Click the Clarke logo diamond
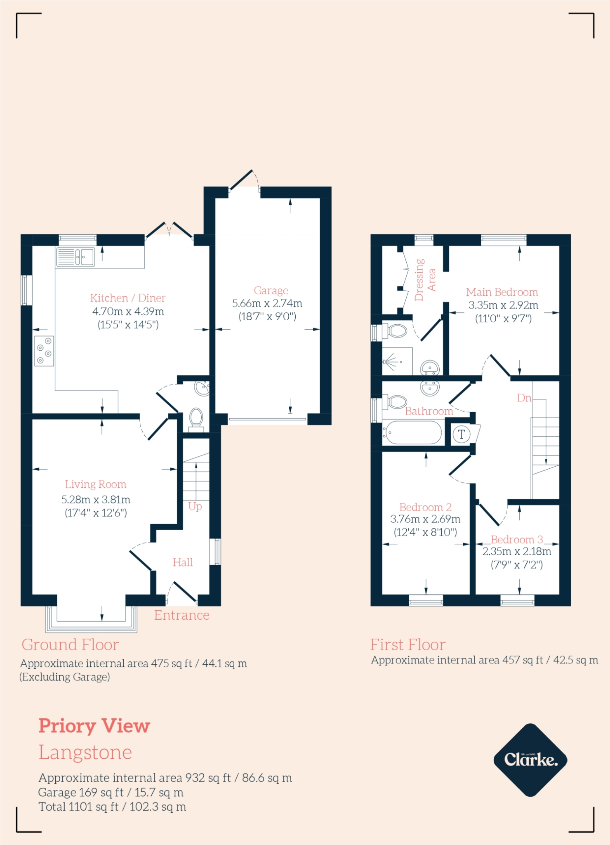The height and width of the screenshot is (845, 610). pyautogui.click(x=530, y=760)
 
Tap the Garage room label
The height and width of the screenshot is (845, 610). pyautogui.click(x=271, y=290)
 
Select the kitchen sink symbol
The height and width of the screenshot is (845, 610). pyautogui.click(x=75, y=257)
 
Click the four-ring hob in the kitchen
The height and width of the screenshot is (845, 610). pyautogui.click(x=44, y=351)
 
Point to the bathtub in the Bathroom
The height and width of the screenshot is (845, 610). pyautogui.click(x=412, y=432)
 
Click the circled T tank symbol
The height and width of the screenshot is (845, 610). pyautogui.click(x=462, y=434)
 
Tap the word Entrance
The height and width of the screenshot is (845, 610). pyautogui.click(x=182, y=615)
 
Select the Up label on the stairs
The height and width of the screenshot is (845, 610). pyautogui.click(x=195, y=506)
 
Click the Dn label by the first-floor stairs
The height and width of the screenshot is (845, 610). pyautogui.click(x=524, y=398)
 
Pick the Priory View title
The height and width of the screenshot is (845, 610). pyautogui.click(x=94, y=726)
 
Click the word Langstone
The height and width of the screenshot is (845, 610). pyautogui.click(x=85, y=752)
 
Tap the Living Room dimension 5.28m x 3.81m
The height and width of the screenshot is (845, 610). pyautogui.click(x=96, y=500)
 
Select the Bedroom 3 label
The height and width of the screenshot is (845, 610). pyautogui.click(x=517, y=539)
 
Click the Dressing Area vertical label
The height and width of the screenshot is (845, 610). pyautogui.click(x=425, y=280)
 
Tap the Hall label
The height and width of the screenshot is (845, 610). pyautogui.click(x=183, y=562)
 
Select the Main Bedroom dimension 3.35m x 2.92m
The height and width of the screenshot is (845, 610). pyautogui.click(x=503, y=305)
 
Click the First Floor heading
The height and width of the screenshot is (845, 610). pyautogui.click(x=407, y=644)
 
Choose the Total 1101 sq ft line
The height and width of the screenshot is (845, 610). pyautogui.click(x=112, y=807)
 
